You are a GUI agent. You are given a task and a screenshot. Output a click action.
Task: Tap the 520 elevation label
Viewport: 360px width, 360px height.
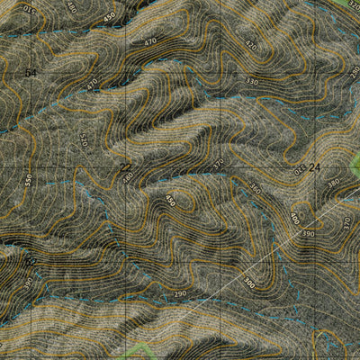pos(84,141)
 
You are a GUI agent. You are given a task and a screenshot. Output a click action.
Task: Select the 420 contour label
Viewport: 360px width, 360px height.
pos(250,46)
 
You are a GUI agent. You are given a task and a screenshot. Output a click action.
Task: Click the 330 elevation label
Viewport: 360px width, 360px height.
pos(252,82)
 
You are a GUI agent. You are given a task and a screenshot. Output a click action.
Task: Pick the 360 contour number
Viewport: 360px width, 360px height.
pos(256,189)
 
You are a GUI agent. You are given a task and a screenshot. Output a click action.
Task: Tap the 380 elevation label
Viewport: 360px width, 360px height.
pos(333,183)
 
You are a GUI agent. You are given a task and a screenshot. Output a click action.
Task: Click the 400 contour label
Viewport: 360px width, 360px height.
pos(294,218)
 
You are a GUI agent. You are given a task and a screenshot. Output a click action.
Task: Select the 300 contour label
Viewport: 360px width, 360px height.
pos(249,282)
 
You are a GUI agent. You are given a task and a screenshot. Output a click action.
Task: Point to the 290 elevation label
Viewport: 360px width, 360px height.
pos(179,293)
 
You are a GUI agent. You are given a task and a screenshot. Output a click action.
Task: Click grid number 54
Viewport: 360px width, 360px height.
pos(31,72)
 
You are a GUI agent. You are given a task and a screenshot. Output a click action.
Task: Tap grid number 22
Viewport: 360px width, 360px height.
pos(125,166)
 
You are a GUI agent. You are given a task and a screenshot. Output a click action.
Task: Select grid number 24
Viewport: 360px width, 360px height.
pos(314,167)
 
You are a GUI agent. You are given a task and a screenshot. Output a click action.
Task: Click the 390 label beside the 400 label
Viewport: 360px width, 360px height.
pos(309,233)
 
